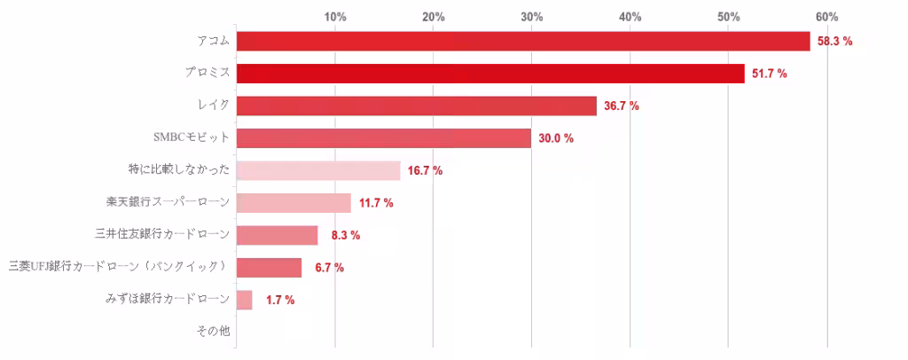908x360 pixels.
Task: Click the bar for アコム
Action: pos(523,42)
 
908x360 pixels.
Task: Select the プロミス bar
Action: pos(490,74)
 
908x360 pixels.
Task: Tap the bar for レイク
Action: pos(416,106)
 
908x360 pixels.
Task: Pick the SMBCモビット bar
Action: pos(383,138)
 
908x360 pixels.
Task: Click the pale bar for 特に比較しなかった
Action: pos(317,170)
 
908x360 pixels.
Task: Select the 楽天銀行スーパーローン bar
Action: pos(294,203)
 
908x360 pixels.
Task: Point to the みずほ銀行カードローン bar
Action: pos(244,300)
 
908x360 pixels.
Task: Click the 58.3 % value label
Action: pos(834,42)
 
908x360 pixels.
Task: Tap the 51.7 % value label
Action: pos(770,74)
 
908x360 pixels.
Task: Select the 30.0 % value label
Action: pos(556,138)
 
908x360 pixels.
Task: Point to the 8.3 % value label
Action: pos(345,235)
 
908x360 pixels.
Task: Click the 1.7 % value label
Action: pos(280,300)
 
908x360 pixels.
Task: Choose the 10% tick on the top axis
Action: pos(335,17)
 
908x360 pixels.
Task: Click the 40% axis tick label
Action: pos(630,17)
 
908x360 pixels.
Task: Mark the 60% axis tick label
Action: pos(826,17)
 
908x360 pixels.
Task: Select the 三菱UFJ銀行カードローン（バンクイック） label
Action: pos(119,266)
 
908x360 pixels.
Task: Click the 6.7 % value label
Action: pos(329,268)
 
